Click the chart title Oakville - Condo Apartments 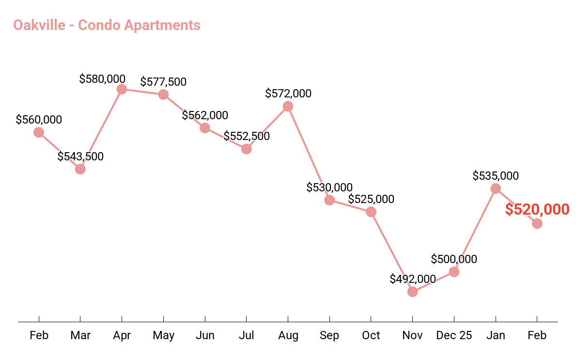(x=107, y=25)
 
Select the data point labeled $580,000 (x=122, y=89)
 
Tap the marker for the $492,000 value (x=412, y=292)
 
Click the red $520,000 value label (x=537, y=210)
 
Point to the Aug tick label (x=288, y=335)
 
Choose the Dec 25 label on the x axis (x=454, y=335)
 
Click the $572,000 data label (x=288, y=94)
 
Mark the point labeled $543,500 (x=80, y=169)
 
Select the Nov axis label (x=412, y=335)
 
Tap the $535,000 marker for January (x=496, y=188)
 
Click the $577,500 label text (x=163, y=82)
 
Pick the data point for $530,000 (x=329, y=200)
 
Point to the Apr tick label (x=122, y=335)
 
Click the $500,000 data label (x=454, y=259)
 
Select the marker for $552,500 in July (x=246, y=149)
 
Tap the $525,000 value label (x=371, y=199)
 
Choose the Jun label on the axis (x=205, y=335)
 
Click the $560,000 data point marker (x=39, y=132)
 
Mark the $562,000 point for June (x=205, y=128)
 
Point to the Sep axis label (x=329, y=335)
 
